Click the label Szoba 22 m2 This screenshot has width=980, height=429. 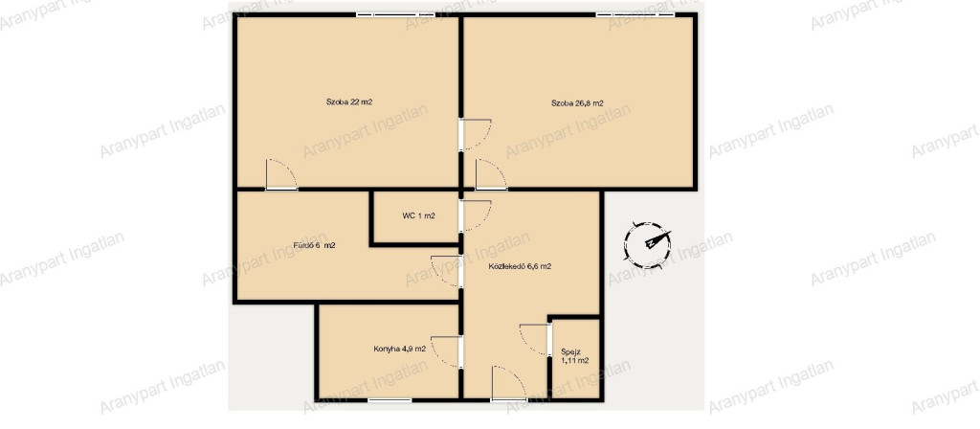tap(348, 102)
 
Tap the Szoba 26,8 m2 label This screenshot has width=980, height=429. tap(577, 103)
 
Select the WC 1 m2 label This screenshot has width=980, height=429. tap(419, 215)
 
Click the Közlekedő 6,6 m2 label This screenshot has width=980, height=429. tap(520, 266)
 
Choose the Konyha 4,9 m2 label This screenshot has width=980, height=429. tap(399, 349)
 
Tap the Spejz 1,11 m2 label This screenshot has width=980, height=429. tap(574, 356)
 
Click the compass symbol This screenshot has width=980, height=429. tap(648, 244)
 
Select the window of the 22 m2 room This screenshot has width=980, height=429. tap(387, 14)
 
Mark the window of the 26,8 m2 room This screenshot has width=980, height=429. tap(635, 14)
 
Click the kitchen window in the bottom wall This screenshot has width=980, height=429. tap(390, 399)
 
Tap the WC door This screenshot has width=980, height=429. tap(475, 215)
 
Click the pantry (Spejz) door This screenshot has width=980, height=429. tap(535, 340)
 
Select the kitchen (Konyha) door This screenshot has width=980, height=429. tap(447, 351)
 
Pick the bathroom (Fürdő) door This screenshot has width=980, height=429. tap(447, 271)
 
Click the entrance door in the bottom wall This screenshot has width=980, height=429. tap(509, 383)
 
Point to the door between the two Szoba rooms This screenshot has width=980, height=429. tap(475, 135)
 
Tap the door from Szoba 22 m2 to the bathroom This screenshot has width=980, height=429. tap(281, 174)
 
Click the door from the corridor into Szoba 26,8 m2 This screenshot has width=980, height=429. tap(491, 174)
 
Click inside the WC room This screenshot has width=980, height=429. tap(415, 226)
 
